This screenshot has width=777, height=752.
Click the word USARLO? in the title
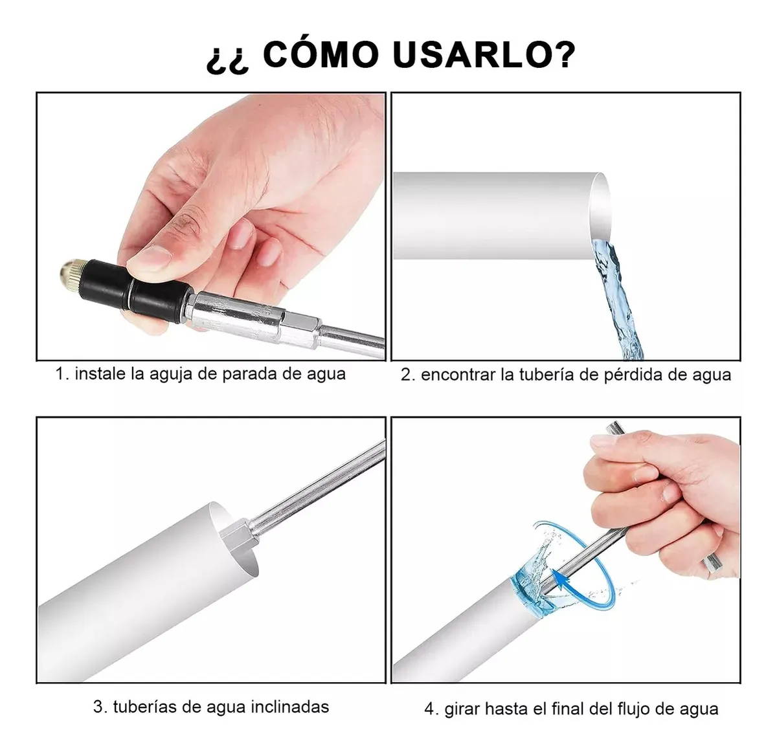point(484,54)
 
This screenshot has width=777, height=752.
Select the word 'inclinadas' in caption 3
point(290,707)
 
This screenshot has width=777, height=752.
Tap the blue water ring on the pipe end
point(531,591)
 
